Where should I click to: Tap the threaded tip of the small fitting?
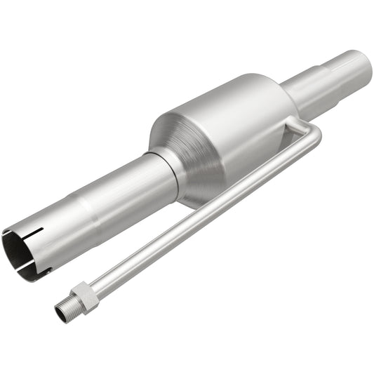pos(64,309)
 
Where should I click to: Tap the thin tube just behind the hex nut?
pos(98,281)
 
